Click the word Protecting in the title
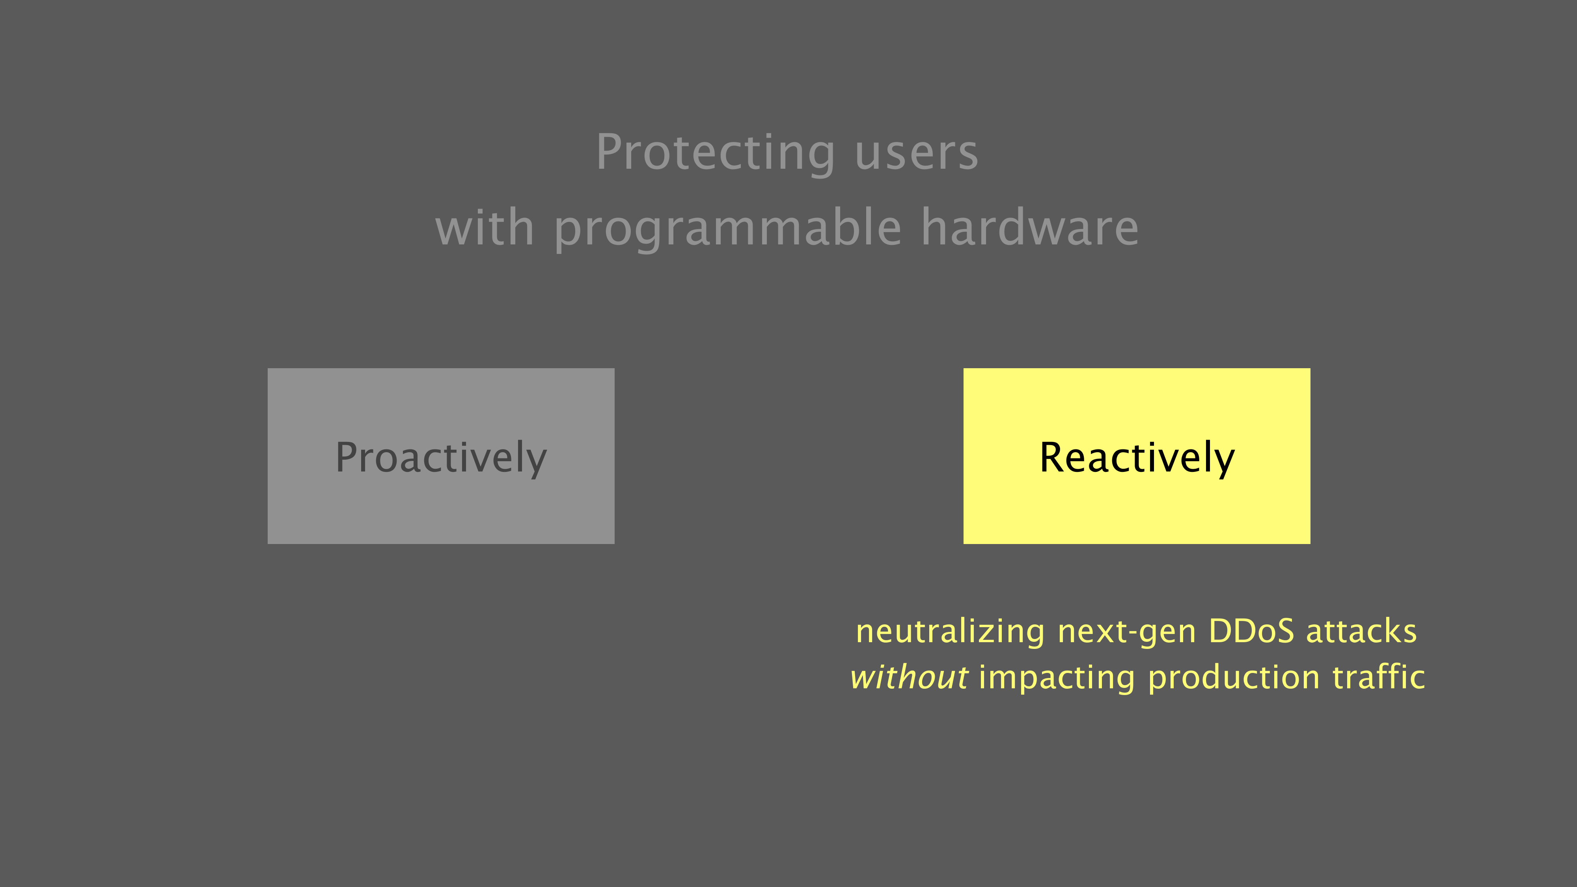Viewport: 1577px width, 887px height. (x=716, y=153)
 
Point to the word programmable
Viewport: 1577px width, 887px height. (x=728, y=229)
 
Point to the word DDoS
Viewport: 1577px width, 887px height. (x=1251, y=631)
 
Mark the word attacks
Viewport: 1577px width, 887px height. (x=1361, y=632)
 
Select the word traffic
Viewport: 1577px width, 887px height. (x=1379, y=677)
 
